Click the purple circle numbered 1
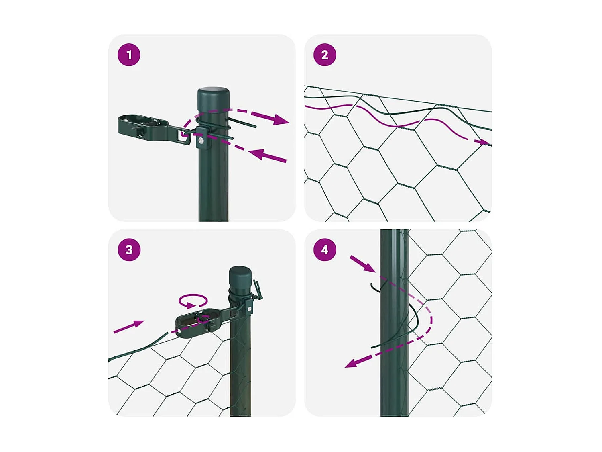pos(129,55)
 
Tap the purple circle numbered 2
pos(325,55)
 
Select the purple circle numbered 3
pos(129,250)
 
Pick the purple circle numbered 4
pos(325,250)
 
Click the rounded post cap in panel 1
pos(214,95)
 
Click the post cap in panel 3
pos(240,275)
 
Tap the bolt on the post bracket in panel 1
pos(200,140)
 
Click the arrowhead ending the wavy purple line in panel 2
pos(484,142)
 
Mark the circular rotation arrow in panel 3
pos(193,301)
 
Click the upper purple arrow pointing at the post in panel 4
pos(362,264)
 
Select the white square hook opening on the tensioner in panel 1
pos(183,135)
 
